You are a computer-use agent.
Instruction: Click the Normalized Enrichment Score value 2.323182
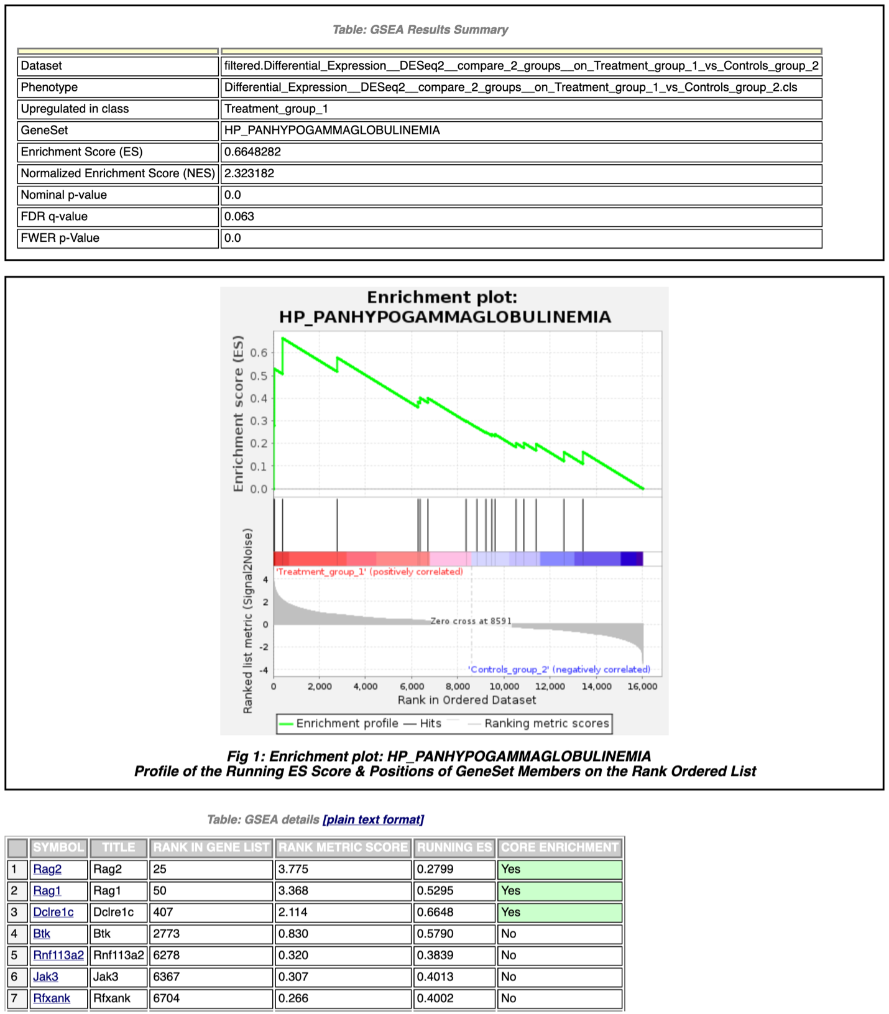tap(249, 173)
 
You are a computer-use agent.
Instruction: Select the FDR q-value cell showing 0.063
tap(239, 216)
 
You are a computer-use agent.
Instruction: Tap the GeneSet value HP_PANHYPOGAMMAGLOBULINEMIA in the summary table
tap(332, 131)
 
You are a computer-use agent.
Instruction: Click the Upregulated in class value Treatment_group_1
tap(276, 109)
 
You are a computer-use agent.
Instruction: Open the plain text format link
tap(373, 819)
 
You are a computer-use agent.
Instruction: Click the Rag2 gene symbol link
tap(47, 869)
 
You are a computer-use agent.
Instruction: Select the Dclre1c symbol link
tap(53, 912)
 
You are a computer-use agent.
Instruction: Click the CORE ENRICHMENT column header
tap(560, 847)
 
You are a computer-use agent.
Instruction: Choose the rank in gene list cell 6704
tap(167, 998)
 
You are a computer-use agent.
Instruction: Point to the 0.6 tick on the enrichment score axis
tap(259, 353)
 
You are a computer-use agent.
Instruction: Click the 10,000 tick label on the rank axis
tap(504, 686)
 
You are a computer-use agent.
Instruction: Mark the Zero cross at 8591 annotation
tap(471, 621)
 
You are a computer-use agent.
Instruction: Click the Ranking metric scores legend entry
tap(546, 724)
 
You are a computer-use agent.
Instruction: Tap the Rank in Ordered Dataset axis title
tap(467, 700)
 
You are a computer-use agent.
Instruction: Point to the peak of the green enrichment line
tap(283, 338)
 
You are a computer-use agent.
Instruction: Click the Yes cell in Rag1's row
tap(510, 891)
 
